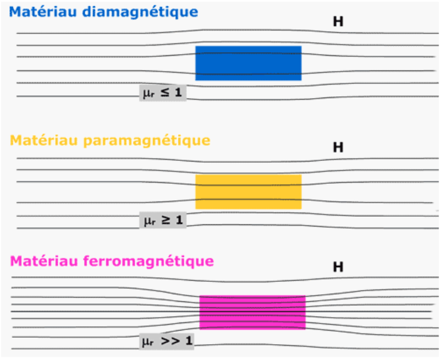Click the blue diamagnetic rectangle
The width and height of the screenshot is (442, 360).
[x=249, y=63]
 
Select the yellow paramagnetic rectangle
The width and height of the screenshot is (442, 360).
[x=249, y=192]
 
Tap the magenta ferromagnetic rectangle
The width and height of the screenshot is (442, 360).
[x=252, y=312]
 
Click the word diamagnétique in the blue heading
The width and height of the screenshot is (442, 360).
[x=140, y=12]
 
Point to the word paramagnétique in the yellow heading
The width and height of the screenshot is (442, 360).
[x=147, y=141]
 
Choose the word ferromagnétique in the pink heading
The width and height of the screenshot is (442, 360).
[x=149, y=262]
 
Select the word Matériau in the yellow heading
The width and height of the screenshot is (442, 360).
[x=43, y=140]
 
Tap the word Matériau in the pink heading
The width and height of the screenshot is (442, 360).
[x=43, y=261]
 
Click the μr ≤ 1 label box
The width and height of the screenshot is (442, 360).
[x=163, y=93]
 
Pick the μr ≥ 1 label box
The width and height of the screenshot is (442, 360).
[x=163, y=220]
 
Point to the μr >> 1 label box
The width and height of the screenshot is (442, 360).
[x=166, y=341]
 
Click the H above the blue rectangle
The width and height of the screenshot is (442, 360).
[x=339, y=22]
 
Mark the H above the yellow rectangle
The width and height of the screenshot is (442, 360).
[x=339, y=147]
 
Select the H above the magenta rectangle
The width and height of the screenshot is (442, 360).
[x=339, y=267]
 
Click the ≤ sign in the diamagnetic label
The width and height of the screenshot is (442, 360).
[x=165, y=92]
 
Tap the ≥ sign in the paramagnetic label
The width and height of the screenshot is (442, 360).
[x=166, y=220]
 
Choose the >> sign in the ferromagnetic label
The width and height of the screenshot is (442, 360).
[x=170, y=341]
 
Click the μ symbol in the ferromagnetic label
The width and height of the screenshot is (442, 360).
[x=146, y=342]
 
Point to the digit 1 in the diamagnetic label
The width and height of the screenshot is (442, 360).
[x=179, y=92]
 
